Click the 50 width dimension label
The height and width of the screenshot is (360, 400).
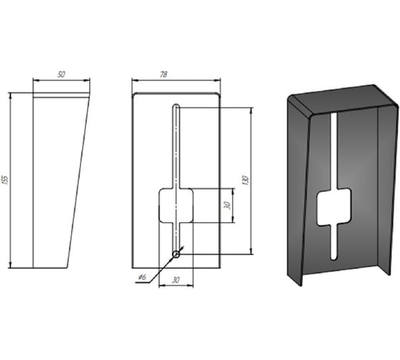click(61, 74)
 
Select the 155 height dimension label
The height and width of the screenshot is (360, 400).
click(5, 179)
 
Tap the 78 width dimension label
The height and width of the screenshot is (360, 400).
click(164, 74)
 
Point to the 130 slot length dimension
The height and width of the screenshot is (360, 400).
click(246, 181)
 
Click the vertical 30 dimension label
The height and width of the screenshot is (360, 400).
click(227, 205)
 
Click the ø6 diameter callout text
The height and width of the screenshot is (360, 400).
click(142, 277)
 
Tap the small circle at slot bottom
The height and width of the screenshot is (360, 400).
click(176, 254)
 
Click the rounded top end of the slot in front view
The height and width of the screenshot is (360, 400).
click(176, 106)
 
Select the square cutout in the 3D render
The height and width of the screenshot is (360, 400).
click(334, 207)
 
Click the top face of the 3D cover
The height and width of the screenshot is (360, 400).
click(343, 100)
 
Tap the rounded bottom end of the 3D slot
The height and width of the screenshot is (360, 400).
click(334, 258)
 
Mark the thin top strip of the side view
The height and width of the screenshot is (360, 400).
click(61, 96)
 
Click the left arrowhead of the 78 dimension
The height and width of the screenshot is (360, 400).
click(135, 81)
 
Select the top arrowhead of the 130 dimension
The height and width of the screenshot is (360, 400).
click(251, 111)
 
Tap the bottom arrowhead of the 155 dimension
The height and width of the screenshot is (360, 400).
click(11, 265)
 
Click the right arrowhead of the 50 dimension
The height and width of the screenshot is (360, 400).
click(86, 81)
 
